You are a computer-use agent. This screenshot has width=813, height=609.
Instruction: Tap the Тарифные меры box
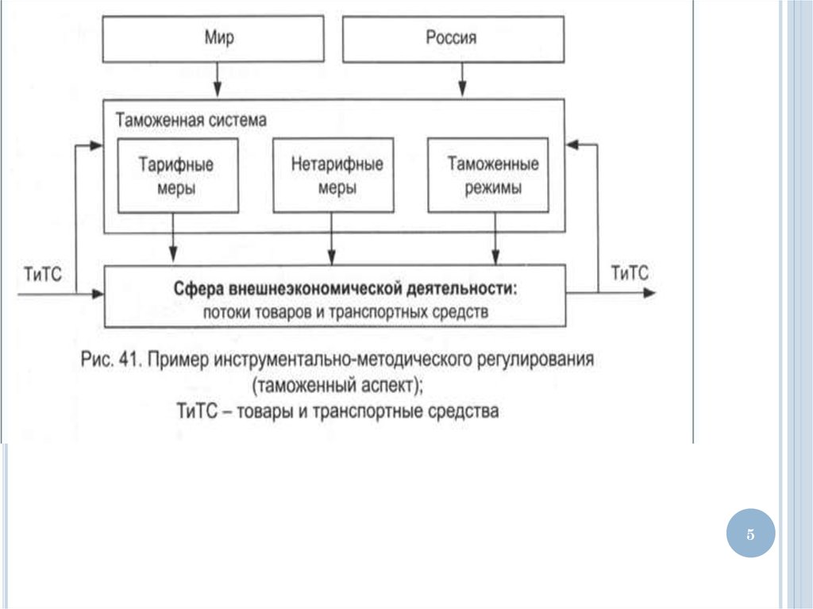tap(177, 175)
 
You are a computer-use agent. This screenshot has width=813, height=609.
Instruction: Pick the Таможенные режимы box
tap(487, 175)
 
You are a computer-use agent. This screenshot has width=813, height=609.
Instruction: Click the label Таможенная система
tap(191, 121)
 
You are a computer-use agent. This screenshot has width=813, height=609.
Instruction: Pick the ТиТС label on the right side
tap(630, 273)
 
